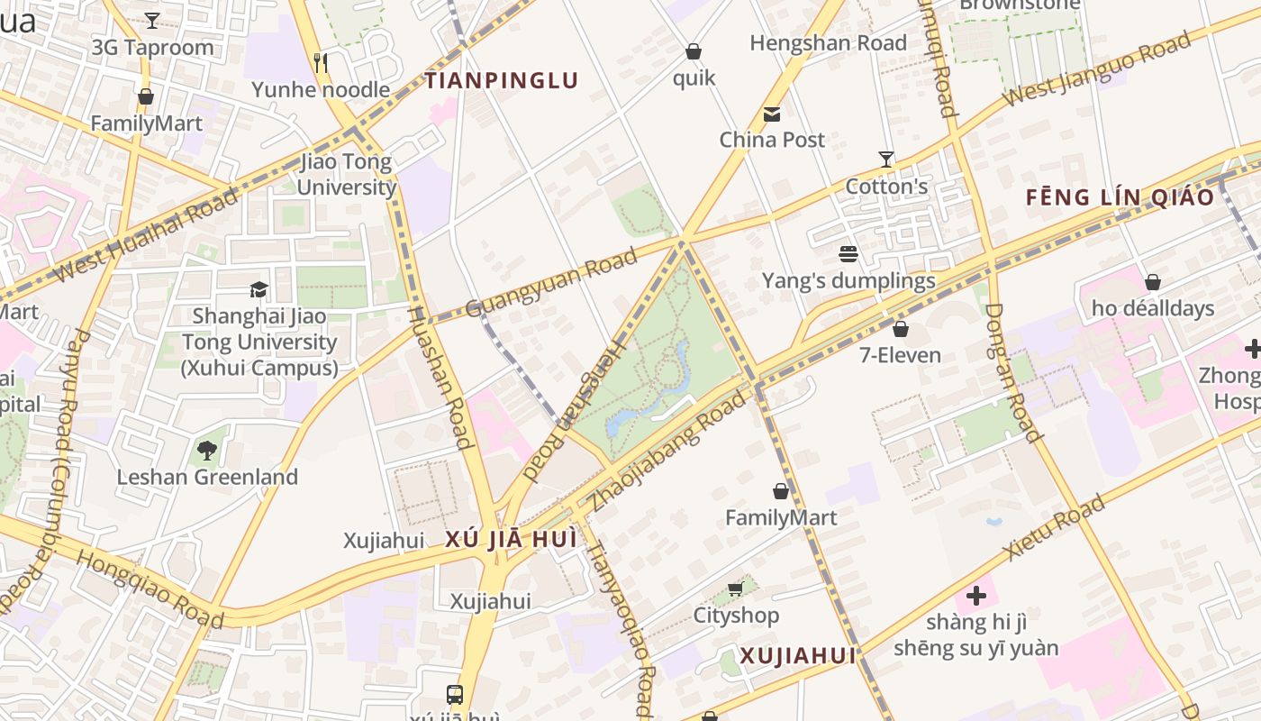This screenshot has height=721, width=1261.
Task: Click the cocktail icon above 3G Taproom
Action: coord(152,21)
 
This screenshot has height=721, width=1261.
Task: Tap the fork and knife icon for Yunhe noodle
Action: coord(320,62)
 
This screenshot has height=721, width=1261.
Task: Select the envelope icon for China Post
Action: coord(772,114)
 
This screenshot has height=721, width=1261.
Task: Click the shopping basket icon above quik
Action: coord(694,51)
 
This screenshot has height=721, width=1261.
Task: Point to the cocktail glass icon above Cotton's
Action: coord(886,160)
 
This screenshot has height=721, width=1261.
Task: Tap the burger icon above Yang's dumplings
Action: coord(848,254)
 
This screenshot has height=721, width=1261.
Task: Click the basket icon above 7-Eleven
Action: coord(900,329)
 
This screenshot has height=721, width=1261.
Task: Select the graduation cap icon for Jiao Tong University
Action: coord(259,289)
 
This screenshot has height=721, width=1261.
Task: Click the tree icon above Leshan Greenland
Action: coord(207,450)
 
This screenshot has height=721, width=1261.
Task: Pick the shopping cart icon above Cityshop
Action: coord(735,589)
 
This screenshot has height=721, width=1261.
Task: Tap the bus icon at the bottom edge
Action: coord(455,695)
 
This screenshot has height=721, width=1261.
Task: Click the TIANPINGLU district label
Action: coord(502,81)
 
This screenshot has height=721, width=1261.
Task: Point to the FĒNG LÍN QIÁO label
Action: coord(1120,197)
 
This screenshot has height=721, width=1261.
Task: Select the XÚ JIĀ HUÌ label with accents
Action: coord(511,540)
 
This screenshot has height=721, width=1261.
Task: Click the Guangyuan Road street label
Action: coord(551,282)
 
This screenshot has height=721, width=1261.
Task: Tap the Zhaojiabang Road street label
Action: coord(667,452)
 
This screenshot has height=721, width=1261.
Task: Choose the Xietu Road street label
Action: coord(1053,528)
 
